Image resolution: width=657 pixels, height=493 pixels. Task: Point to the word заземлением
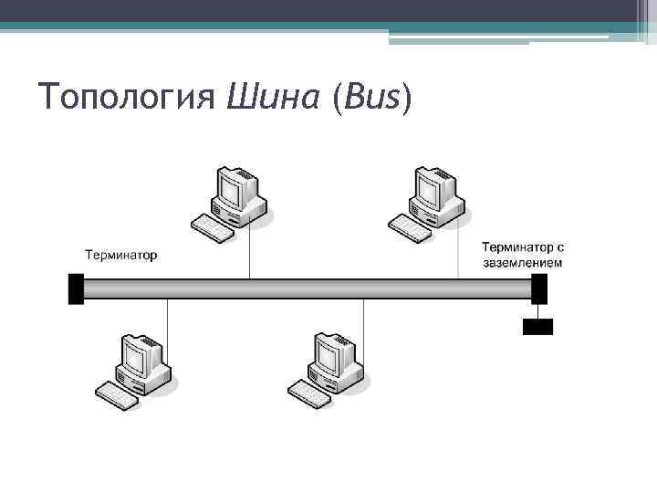[x=523, y=263]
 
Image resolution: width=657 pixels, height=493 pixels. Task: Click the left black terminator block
[x=76, y=288]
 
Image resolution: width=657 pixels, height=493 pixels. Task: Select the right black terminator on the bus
[x=539, y=288]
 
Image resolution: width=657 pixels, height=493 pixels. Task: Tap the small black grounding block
[x=537, y=326]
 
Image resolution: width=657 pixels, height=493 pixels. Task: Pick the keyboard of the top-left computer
[x=213, y=227]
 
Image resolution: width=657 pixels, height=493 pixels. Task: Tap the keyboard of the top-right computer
[x=410, y=227]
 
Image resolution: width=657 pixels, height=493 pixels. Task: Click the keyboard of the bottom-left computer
[x=118, y=394]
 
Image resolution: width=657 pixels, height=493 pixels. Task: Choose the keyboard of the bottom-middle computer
[x=310, y=394]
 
